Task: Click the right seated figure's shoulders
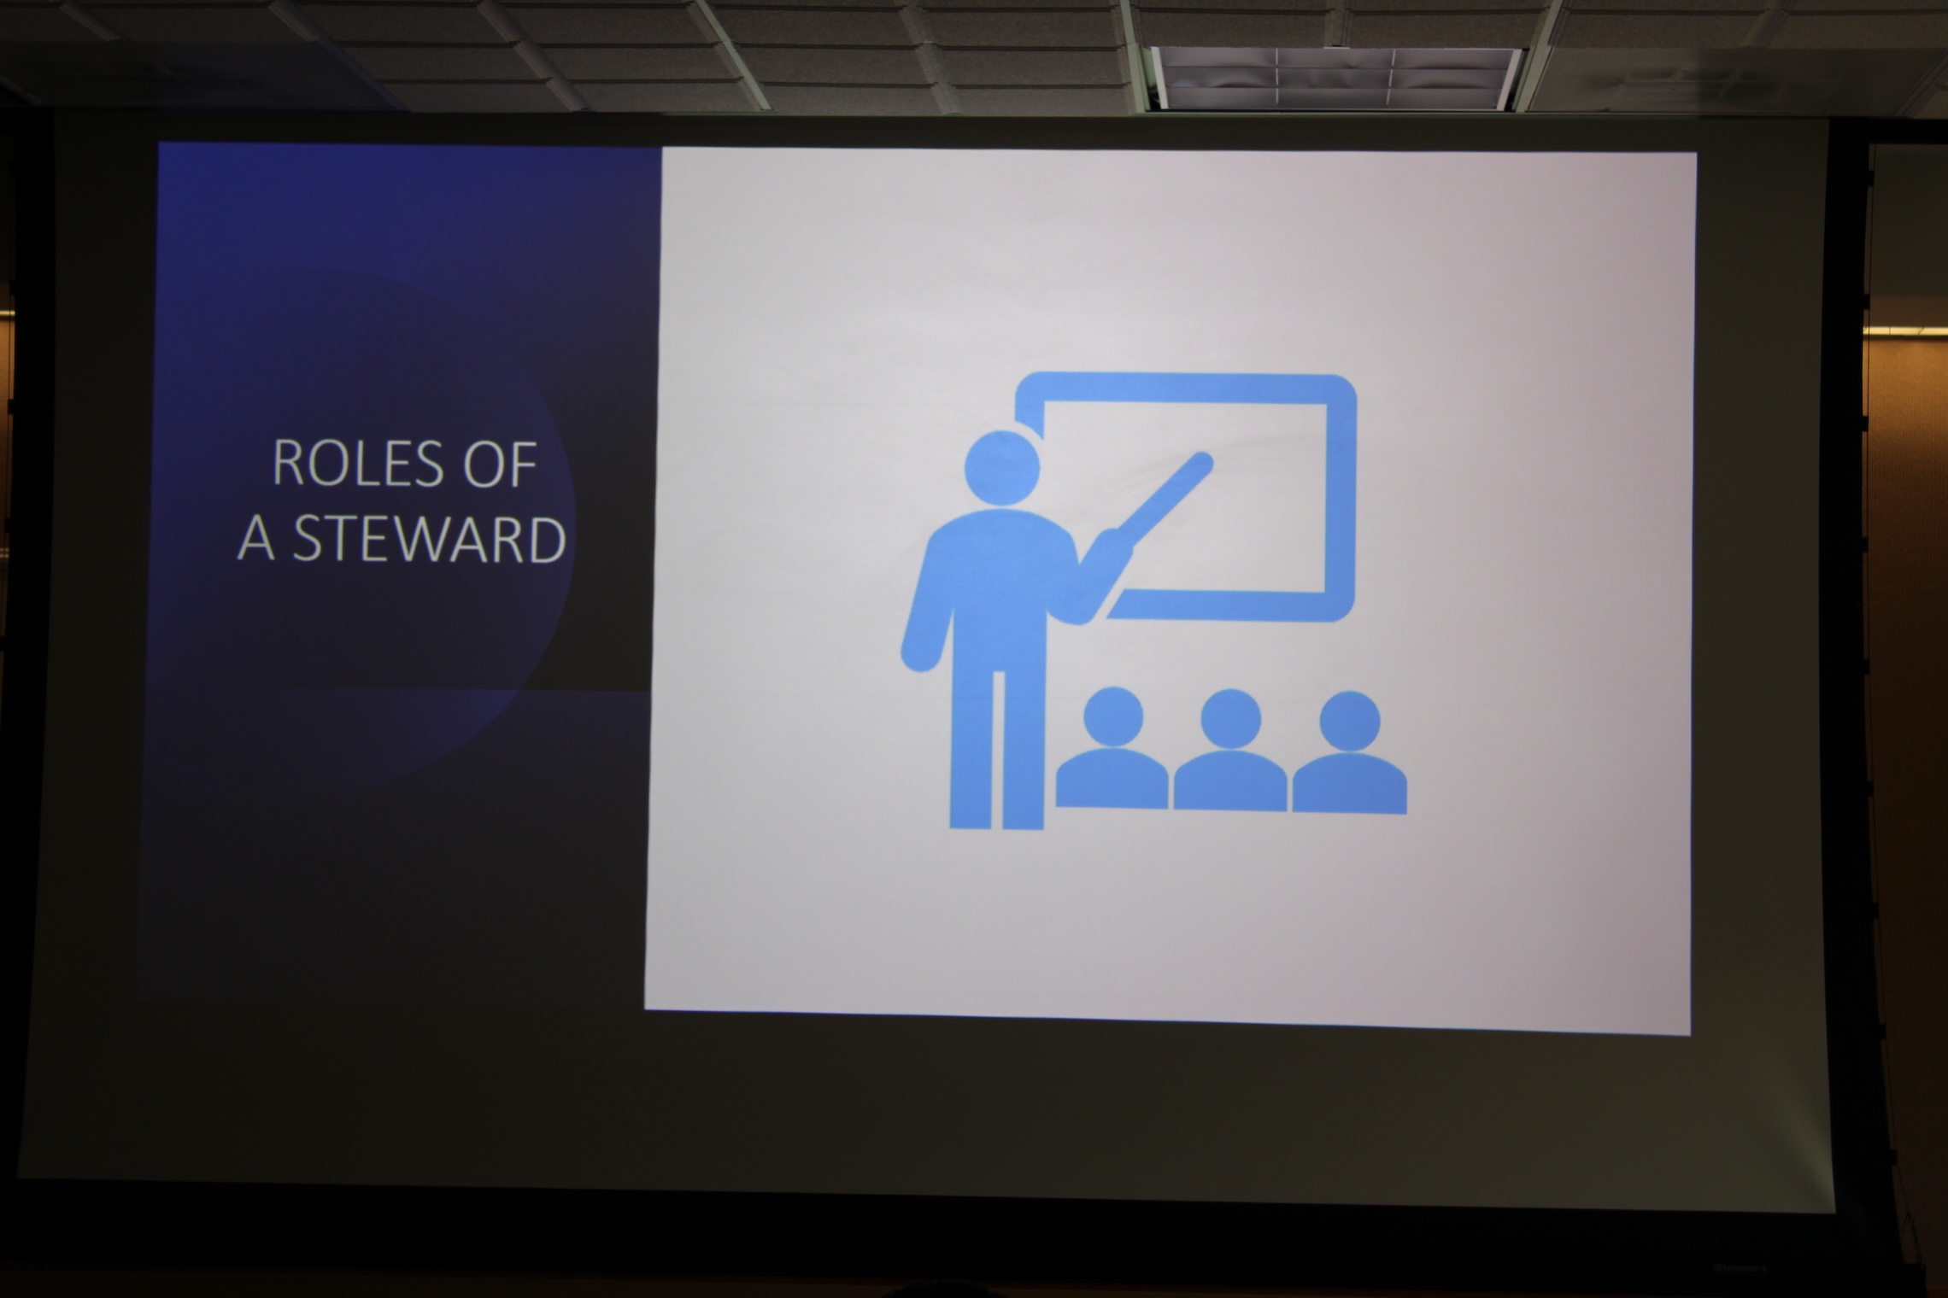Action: [x=1350, y=784]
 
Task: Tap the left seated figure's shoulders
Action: [x=1112, y=779]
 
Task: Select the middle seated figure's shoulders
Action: [x=1230, y=781]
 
